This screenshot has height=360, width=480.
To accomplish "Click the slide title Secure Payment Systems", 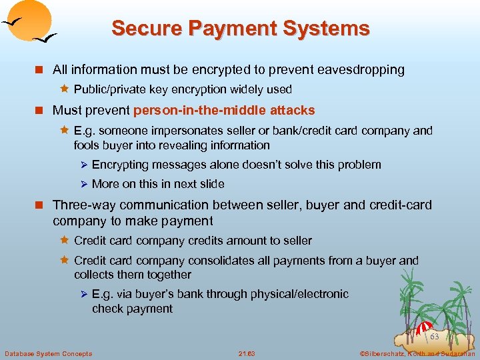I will coord(240,29).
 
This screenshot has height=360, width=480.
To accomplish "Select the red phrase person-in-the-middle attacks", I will coord(224,110).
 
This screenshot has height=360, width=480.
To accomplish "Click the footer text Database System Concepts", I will coord(49,353).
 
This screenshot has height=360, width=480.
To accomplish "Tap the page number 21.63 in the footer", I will coord(247,353).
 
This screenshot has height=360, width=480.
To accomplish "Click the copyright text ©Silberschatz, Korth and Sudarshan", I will coord(417,353).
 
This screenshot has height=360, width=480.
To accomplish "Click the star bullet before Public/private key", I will coord(65,89).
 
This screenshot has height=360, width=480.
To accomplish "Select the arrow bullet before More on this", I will coord(84,184).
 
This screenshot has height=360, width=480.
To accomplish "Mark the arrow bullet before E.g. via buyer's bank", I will coord(84,294).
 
